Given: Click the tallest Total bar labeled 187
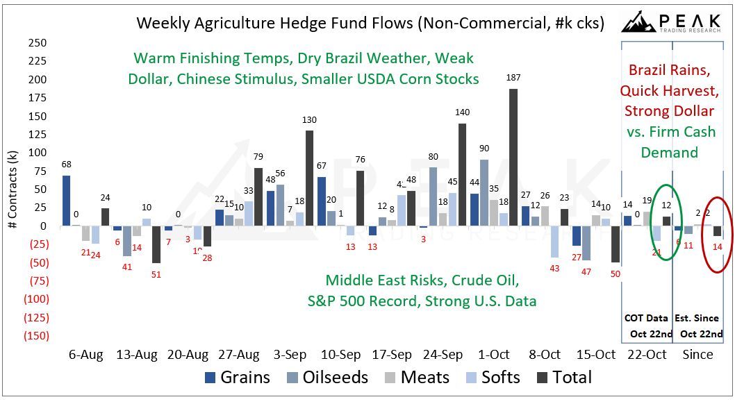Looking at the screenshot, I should coord(513,157).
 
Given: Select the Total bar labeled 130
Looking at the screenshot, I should coord(309,178).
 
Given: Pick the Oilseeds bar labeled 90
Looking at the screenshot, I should coord(484,192).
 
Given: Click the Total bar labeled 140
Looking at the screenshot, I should coord(462,174).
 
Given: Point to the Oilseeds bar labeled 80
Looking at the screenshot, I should coord(433,196).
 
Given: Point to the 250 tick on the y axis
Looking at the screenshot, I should coord(38,43).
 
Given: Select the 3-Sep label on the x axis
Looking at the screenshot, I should coord(290,355).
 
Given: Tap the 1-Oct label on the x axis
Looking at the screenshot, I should coord(494,355).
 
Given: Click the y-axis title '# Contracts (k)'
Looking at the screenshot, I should coord(13,189).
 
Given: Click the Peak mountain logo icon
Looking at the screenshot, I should coord(639,22).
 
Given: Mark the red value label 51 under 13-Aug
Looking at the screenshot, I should coord(156,273).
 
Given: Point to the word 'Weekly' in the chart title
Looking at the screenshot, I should coord(161,23).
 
